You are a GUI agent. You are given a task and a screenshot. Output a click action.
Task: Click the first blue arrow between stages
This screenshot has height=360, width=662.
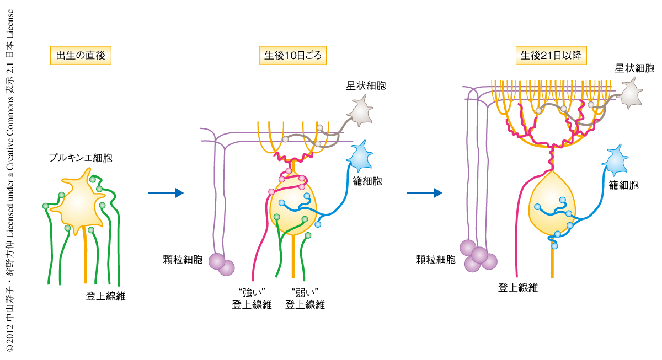[x=165, y=192]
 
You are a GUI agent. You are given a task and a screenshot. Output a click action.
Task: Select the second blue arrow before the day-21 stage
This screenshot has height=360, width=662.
[x=424, y=192]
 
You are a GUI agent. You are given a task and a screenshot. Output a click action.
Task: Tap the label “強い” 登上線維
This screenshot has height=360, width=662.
[x=252, y=299]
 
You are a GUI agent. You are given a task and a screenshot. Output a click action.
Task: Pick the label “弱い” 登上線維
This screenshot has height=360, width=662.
[x=305, y=299]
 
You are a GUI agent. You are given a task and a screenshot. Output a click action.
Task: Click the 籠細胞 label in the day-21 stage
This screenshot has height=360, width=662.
[x=623, y=185]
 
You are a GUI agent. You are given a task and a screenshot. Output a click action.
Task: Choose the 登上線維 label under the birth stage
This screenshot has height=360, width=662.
[x=105, y=296]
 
